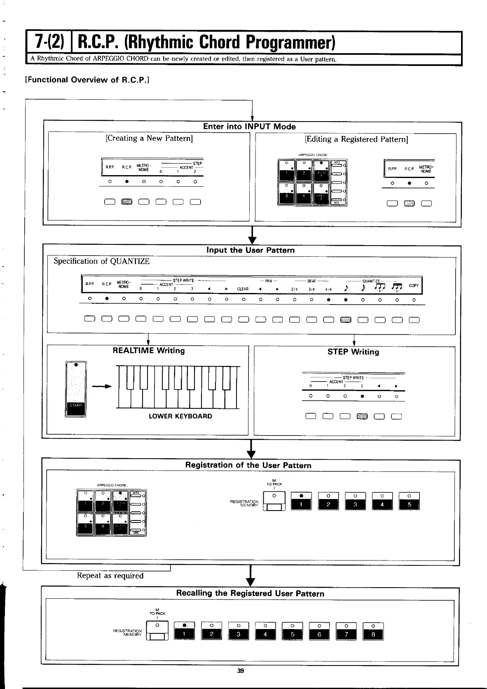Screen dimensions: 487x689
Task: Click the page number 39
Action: coord(241,670)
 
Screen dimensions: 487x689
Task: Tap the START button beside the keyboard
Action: coord(76,405)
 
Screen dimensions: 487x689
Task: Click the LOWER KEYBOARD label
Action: coord(180,416)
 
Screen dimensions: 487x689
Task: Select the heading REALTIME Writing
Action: coord(149,351)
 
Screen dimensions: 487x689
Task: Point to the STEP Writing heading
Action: coord(353,352)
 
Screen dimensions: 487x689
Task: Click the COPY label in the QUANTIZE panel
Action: coord(414,286)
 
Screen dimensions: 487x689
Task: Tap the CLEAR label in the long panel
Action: coord(243,289)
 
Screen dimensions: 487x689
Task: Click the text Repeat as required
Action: coord(110,576)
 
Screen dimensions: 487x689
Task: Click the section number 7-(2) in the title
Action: coord(50,42)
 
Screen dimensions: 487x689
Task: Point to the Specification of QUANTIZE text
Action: coord(102,261)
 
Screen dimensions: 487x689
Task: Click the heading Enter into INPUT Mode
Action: coord(249,127)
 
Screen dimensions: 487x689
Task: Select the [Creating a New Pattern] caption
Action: coord(149,138)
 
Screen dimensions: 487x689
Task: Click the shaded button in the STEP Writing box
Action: coord(361,416)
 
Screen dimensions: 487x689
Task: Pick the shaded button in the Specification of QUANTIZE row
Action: coord(345,320)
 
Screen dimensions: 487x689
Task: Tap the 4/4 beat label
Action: coord(328,289)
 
